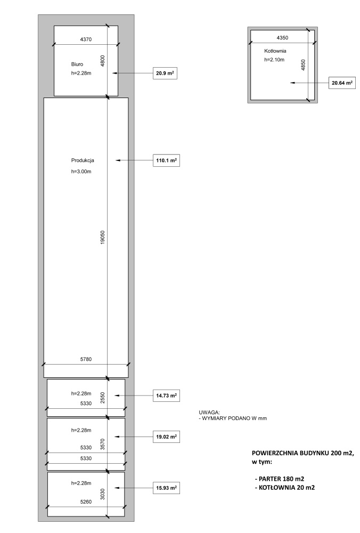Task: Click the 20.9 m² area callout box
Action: [x=165, y=73]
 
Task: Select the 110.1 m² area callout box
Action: [x=166, y=160]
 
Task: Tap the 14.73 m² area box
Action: [x=166, y=395]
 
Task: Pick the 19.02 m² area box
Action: [x=166, y=437]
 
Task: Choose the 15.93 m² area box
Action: [x=166, y=488]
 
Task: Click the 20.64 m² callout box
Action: [x=342, y=83]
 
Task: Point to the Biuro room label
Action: [x=77, y=64]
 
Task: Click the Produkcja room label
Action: [x=83, y=160]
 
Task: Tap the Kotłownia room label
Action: [x=275, y=51]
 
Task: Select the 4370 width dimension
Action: [x=86, y=39]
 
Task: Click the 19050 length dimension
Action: [x=103, y=237]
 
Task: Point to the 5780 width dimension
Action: [x=86, y=359]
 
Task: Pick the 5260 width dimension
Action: [x=86, y=502]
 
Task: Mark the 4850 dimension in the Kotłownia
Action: [x=303, y=65]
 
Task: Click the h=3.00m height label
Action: [x=81, y=172]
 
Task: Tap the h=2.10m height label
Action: [x=274, y=60]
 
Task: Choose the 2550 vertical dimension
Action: [x=103, y=398]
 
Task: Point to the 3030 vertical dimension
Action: [x=103, y=494]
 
